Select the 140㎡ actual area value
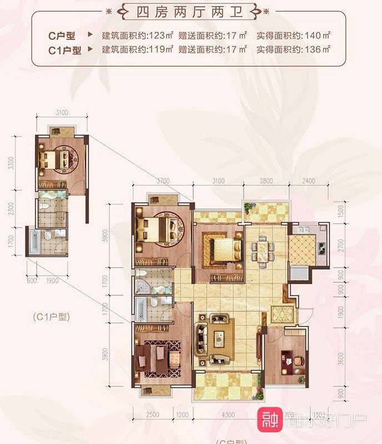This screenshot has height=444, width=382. coord(318,36)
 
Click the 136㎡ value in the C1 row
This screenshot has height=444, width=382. coord(318,49)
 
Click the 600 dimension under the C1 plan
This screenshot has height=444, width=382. coord(31,280)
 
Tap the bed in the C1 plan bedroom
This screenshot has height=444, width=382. coord(53,160)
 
